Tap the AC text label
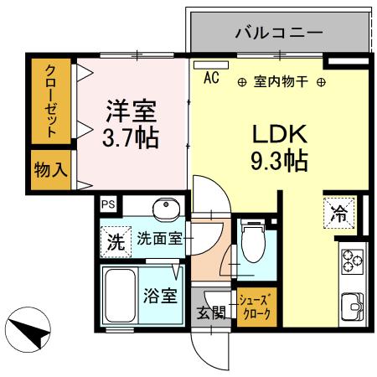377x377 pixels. pos(211,80)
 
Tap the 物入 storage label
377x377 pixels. pos(51,169)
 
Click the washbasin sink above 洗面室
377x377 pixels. pos(165,208)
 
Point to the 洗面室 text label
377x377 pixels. pos(159,238)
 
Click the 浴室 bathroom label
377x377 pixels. pos(159,295)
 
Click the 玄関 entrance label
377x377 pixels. pos(211,313)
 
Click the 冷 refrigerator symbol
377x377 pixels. pos(338,213)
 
